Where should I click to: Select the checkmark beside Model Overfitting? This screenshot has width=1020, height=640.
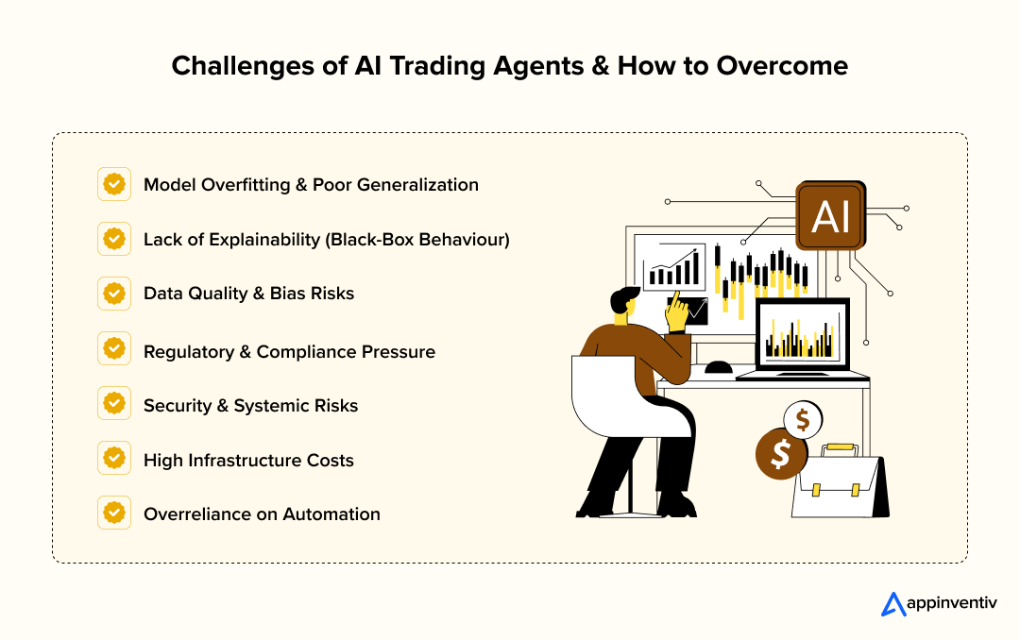[x=114, y=184]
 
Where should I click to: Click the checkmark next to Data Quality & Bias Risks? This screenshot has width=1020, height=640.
[x=114, y=294]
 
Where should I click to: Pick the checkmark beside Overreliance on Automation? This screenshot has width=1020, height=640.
[x=114, y=514]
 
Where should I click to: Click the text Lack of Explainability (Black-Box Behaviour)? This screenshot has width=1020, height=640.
[x=326, y=240]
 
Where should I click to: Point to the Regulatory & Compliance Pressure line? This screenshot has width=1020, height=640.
[x=289, y=351]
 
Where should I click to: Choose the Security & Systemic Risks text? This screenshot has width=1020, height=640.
[x=250, y=406]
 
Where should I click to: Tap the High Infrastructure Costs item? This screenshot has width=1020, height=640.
[x=248, y=461]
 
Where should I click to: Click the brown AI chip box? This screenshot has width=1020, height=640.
[x=830, y=216]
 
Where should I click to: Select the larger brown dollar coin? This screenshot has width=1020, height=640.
[x=780, y=455]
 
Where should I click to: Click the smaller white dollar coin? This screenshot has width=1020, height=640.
[x=803, y=418]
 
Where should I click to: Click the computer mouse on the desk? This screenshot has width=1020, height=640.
[x=718, y=367]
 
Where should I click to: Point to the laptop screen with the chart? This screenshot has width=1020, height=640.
[x=803, y=335]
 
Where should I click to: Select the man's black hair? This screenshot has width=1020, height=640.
[x=623, y=299]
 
